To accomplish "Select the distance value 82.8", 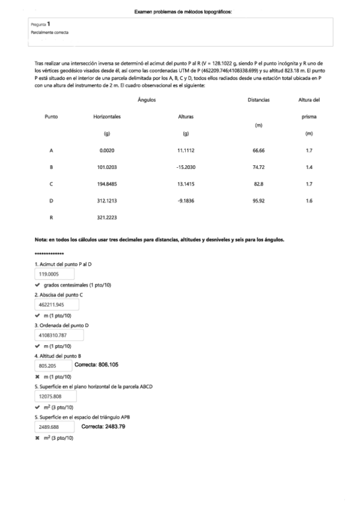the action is (x=258, y=183).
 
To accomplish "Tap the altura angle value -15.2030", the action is (x=186, y=167).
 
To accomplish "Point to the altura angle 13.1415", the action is (x=186, y=183).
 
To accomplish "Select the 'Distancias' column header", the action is (x=258, y=100).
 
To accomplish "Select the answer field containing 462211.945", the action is (x=52, y=305).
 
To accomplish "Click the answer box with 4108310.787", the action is (x=52, y=335).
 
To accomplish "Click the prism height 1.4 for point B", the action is (x=308, y=167).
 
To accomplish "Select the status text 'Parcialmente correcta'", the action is (x=50, y=32).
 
